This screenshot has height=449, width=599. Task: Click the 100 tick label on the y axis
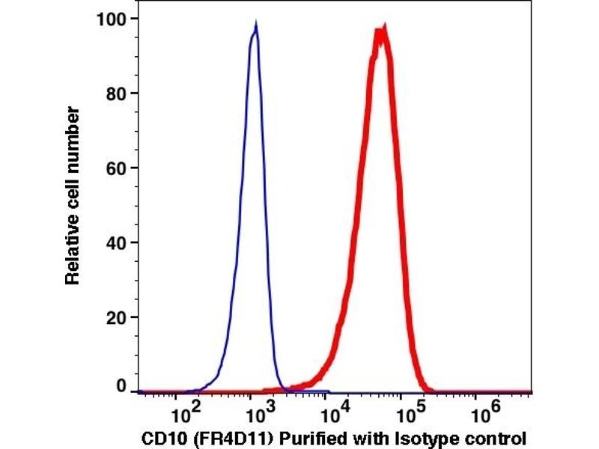click(111, 19)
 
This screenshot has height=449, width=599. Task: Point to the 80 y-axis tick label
click(115, 94)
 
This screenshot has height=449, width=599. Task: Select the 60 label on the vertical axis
click(115, 168)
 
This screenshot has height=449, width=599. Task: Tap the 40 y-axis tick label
click(115, 242)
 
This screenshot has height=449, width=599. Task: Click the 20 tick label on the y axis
click(115, 317)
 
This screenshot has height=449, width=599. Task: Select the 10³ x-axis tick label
click(256, 412)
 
